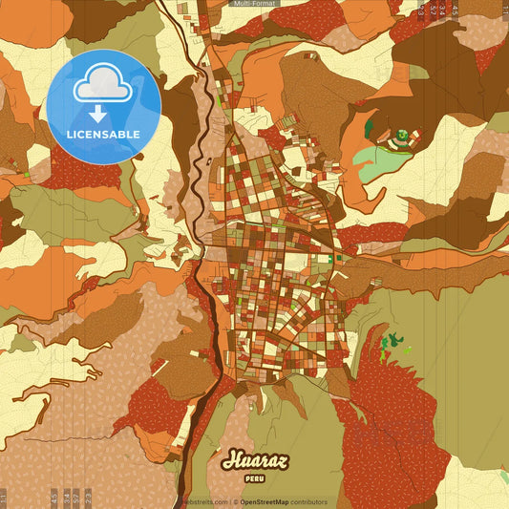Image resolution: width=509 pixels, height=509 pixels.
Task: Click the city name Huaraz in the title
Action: click(254, 459)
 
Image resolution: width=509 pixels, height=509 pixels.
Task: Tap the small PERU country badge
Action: click(254, 477)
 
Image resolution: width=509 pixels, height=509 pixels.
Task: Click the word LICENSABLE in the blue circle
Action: click(103, 133)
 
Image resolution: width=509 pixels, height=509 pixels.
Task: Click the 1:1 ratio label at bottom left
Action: click(5, 498)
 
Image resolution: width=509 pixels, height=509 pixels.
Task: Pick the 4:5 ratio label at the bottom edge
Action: click(53, 498)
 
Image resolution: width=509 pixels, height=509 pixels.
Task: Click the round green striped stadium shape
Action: click(403, 136)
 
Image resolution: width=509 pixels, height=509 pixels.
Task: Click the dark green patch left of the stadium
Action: click(370, 125)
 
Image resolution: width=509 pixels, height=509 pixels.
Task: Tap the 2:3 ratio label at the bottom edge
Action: click(89, 498)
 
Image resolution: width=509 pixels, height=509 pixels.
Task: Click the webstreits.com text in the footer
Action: click(204, 501)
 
